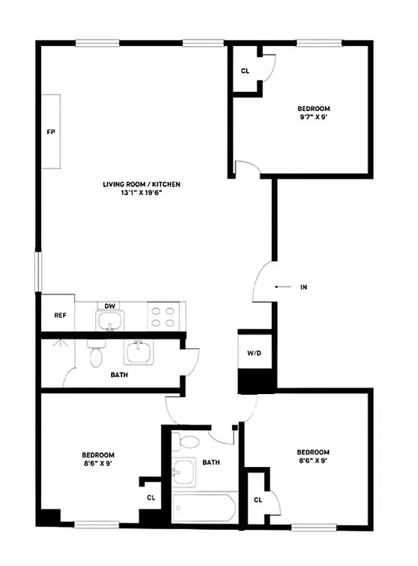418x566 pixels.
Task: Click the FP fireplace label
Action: pyautogui.click(x=50, y=132)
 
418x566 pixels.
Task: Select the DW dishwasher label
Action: pyautogui.click(x=110, y=306)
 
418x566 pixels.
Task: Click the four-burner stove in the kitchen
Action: pyautogui.click(x=163, y=316)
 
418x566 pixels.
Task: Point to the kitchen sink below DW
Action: pyautogui.click(x=109, y=323)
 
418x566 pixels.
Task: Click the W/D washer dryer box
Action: pyautogui.click(x=254, y=353)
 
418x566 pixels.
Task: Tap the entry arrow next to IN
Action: pyautogui.click(x=282, y=287)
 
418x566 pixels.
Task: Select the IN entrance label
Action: pyautogui.click(x=303, y=287)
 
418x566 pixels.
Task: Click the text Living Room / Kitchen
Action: pyautogui.click(x=141, y=184)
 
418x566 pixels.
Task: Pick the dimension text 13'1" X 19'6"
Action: pyautogui.click(x=141, y=192)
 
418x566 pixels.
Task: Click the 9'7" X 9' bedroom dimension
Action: pyautogui.click(x=313, y=117)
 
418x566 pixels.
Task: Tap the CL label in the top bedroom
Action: pyautogui.click(x=245, y=71)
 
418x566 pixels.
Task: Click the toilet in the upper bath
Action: pyautogui.click(x=95, y=354)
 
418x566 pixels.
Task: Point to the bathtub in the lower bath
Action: pyautogui.click(x=204, y=508)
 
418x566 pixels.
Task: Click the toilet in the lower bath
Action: pyautogui.click(x=190, y=443)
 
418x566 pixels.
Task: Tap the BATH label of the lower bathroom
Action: pyautogui.click(x=211, y=463)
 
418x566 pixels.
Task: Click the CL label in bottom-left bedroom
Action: pyautogui.click(x=151, y=497)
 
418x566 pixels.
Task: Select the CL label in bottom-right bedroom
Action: pyautogui.click(x=257, y=500)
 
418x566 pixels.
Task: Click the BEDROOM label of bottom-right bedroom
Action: pyautogui.click(x=313, y=452)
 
